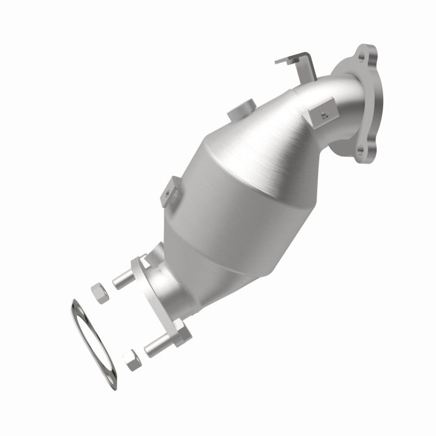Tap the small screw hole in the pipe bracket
click(323, 113)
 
